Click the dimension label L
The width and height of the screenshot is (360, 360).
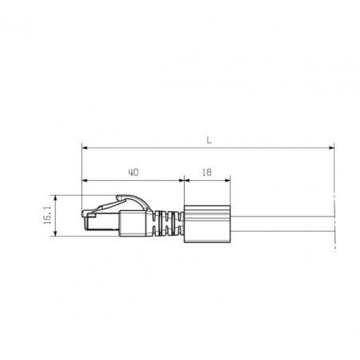click(x=209, y=140)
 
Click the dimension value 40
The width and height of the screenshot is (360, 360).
click(x=134, y=173)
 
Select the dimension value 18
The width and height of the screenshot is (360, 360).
click(x=207, y=173)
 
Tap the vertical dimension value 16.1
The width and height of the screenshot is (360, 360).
click(x=48, y=216)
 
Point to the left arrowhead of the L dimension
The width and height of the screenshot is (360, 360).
click(x=84, y=147)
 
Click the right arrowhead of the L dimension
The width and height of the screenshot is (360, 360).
click(x=331, y=147)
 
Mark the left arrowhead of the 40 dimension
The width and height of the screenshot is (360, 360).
click(x=84, y=181)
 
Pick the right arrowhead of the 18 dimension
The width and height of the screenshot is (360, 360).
click(x=228, y=181)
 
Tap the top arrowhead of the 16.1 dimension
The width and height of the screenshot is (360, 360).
click(x=55, y=198)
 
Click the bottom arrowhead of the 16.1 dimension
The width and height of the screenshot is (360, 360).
click(x=55, y=233)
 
